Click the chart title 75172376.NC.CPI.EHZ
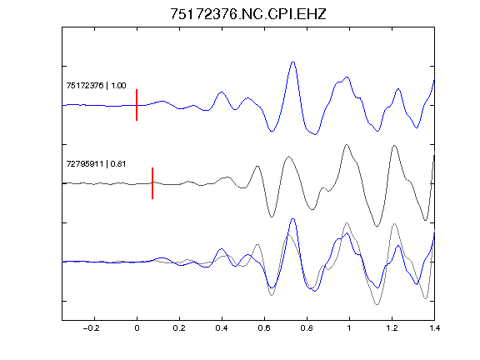[248, 14]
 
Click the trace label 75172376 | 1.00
[96, 85]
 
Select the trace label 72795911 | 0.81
[96, 164]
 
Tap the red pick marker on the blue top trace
[137, 105]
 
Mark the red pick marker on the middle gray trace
[152, 183]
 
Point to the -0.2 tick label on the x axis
[91, 328]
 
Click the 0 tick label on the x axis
[137, 328]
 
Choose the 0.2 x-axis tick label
[179, 328]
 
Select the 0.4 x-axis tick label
[222, 328]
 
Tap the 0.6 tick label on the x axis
[264, 328]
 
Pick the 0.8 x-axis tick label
[307, 328]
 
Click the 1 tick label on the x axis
[349, 328]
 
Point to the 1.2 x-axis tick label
[392, 328]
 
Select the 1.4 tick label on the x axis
[434, 328]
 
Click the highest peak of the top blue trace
[293, 62]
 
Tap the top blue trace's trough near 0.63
[272, 132]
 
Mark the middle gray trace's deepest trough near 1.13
[377, 226]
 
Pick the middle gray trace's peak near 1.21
[394, 145]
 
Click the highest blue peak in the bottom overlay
[293, 219]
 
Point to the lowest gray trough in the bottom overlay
[377, 304]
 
